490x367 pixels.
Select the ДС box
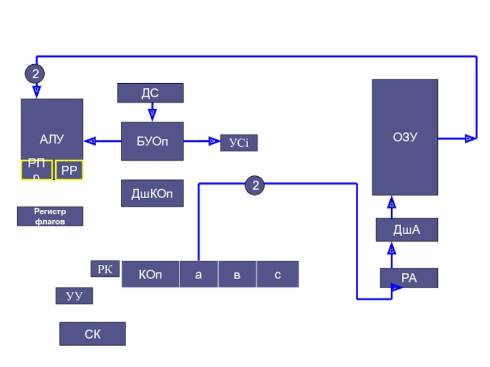coord(150,93)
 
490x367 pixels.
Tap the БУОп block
coord(152,141)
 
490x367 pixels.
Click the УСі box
coord(239,143)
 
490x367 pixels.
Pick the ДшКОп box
coord(152,194)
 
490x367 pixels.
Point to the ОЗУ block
coord(405,137)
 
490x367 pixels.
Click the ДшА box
coord(407,230)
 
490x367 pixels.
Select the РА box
coord(409,278)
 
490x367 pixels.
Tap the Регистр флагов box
coord(50,217)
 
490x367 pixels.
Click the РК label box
coord(105,269)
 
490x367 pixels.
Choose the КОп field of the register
coord(151,275)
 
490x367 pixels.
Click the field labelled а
coord(198,275)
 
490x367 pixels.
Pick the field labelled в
coord(237,275)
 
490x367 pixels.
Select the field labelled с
coord(277,275)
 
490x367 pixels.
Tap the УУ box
coord(74,296)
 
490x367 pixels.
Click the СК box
coord(92,334)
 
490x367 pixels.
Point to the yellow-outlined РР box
coord(69,171)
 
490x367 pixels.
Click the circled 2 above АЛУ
coord(35,74)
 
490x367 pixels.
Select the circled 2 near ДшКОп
coord(255,185)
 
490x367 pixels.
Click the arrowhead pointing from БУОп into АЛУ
coord(90,141)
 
